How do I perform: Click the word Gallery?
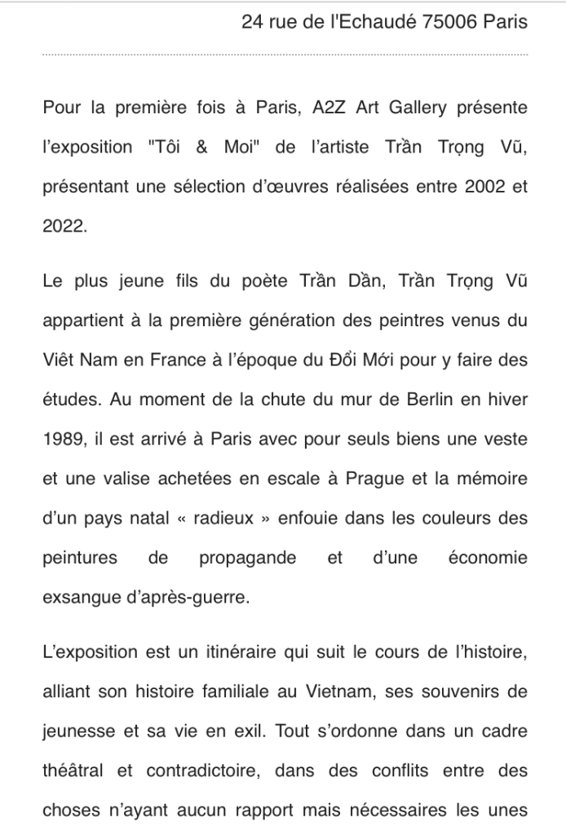427,108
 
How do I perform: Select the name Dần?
367,282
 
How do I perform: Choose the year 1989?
62,439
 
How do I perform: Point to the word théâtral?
73,771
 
